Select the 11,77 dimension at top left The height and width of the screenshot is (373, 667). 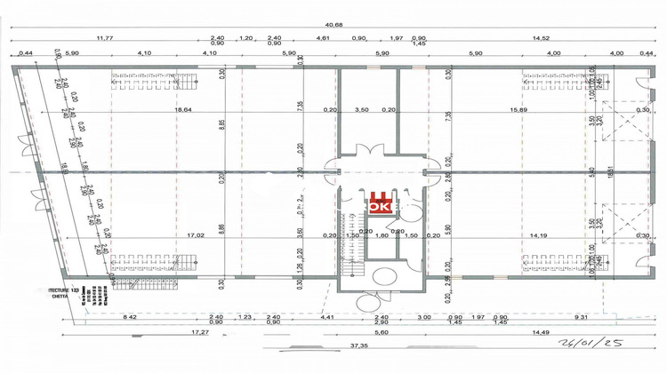point(106,38)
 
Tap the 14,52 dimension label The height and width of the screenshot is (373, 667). point(541,38)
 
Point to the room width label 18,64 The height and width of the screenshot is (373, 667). point(183,109)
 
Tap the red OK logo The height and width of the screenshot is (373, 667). point(380,205)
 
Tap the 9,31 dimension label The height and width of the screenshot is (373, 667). point(583,316)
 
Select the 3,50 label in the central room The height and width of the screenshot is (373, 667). point(361,109)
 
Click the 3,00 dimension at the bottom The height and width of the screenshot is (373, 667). point(425,316)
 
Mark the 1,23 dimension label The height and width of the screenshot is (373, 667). point(247,316)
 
